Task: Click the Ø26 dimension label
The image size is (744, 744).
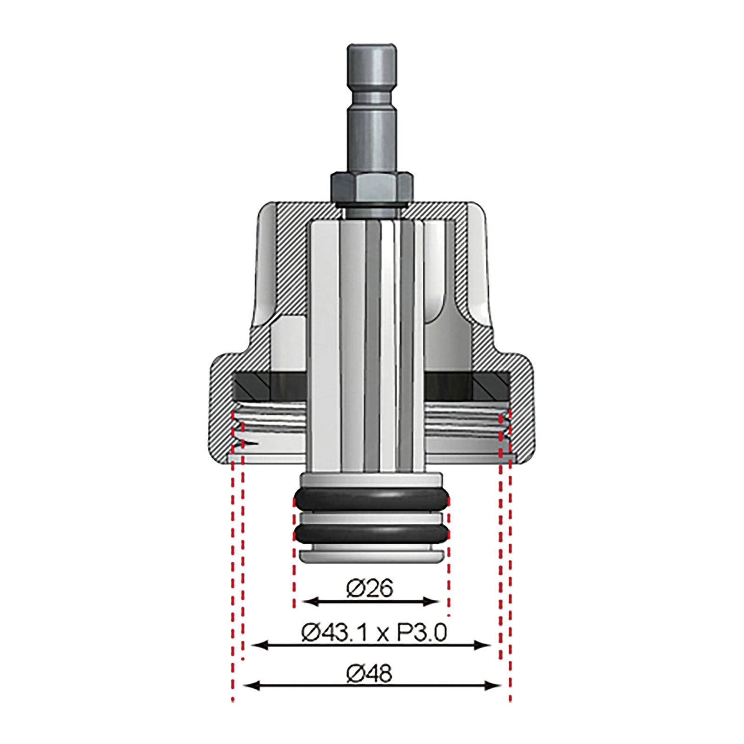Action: [x=370, y=589]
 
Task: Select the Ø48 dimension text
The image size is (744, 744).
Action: [x=370, y=673]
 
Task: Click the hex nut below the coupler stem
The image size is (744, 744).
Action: [x=371, y=185]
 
